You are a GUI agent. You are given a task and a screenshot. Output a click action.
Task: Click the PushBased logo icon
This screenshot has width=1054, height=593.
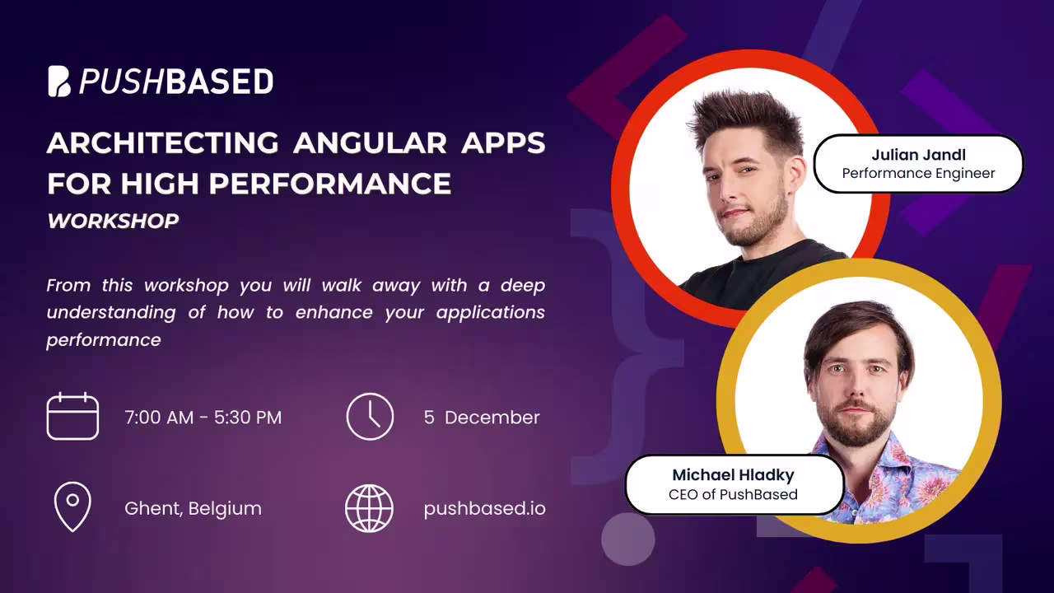click(x=59, y=82)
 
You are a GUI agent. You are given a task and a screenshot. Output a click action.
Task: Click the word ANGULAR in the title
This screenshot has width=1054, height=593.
click(x=370, y=142)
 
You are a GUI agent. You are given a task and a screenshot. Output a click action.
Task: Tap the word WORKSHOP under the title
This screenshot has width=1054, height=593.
click(x=113, y=221)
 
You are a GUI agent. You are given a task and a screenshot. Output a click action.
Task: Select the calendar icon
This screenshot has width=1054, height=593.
click(x=72, y=416)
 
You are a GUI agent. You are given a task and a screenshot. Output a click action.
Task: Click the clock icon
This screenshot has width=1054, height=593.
click(x=370, y=417)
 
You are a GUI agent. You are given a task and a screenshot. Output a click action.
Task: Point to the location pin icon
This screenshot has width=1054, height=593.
click(x=72, y=507)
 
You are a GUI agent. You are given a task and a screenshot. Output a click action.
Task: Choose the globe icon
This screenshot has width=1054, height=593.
click(x=370, y=508)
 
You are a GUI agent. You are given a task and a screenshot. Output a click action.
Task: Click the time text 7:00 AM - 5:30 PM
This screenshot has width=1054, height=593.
click(x=203, y=418)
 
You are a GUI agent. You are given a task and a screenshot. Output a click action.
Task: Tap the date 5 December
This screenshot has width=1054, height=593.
click(x=482, y=418)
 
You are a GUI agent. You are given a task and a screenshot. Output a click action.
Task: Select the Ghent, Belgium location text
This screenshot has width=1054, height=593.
click(x=193, y=509)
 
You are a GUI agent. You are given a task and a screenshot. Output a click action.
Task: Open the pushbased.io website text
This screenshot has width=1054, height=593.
click(x=485, y=509)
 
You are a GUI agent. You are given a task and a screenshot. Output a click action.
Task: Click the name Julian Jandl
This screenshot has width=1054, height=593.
click(x=918, y=155)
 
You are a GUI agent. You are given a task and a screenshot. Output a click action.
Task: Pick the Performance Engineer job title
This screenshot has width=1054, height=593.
click(x=918, y=174)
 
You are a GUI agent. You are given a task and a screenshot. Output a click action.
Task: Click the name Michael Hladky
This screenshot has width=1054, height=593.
click(x=733, y=475)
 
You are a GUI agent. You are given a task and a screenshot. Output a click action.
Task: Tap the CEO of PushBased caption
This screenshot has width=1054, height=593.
click(x=733, y=495)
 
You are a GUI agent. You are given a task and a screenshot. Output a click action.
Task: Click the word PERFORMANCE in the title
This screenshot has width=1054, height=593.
click(x=330, y=184)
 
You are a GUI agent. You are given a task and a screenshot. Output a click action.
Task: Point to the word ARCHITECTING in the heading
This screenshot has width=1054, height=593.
click(x=163, y=142)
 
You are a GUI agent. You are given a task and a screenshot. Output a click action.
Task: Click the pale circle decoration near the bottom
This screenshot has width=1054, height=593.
click(x=627, y=539)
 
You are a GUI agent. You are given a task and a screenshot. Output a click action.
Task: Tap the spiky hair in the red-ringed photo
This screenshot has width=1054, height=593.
click(x=749, y=118)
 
